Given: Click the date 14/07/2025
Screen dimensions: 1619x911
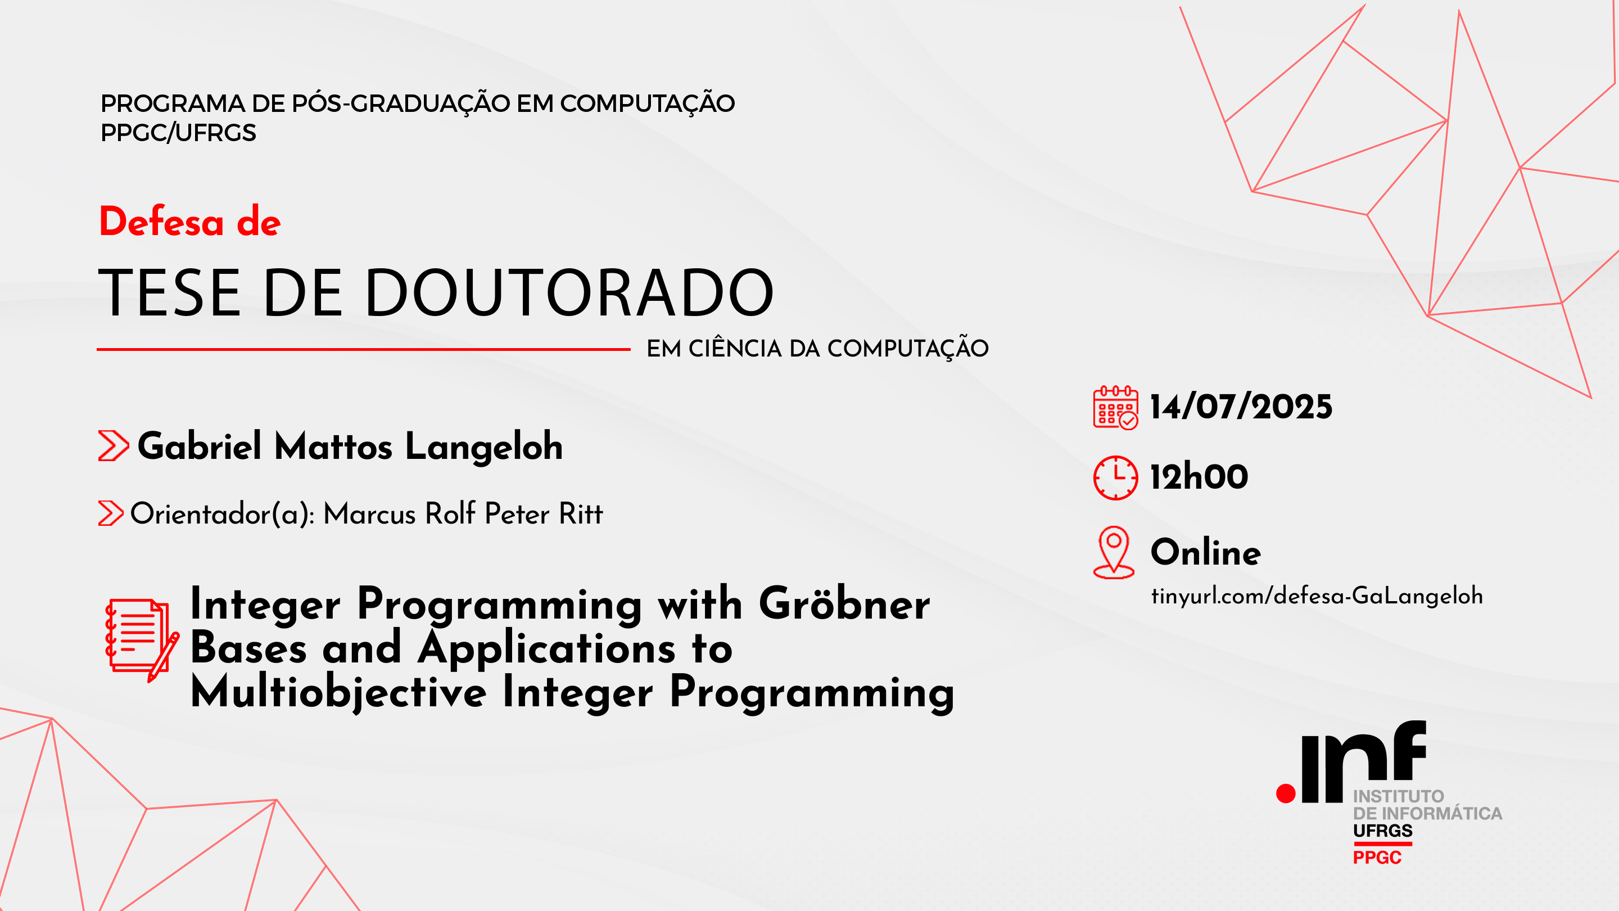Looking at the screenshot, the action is click(1241, 407).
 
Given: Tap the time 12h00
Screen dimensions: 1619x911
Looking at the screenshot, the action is click(1199, 476).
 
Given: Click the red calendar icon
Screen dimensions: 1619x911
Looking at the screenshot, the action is click(1115, 407).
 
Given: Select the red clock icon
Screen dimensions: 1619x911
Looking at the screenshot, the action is click(1115, 478).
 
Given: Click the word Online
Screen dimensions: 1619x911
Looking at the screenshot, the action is click(1205, 552).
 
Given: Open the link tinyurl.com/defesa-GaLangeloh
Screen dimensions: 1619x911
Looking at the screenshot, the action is click(1317, 596).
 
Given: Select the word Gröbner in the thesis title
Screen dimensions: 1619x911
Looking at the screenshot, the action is click(844, 604).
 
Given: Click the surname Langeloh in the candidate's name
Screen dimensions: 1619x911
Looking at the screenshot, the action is click(484, 447).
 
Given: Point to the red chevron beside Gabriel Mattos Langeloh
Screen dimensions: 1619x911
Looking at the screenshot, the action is click(113, 446).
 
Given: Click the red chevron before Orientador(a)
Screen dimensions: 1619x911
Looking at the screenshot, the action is click(111, 513).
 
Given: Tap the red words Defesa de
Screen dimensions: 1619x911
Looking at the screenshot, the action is click(190, 222).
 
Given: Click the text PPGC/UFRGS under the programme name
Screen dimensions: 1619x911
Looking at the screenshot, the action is click(179, 133).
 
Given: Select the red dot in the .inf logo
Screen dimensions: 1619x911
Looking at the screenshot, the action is click(1286, 793).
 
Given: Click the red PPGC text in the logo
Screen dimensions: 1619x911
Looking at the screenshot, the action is click(1377, 858).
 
